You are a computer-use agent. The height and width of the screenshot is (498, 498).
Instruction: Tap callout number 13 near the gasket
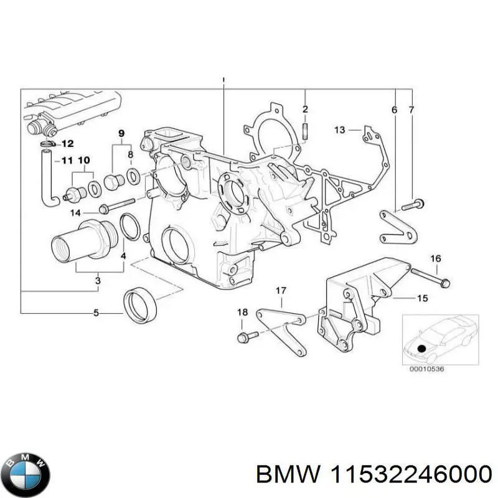pyautogui.click(x=339, y=130)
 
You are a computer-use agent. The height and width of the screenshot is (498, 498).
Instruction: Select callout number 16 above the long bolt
pyautogui.click(x=436, y=258)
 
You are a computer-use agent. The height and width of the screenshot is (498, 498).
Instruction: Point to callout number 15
pyautogui.click(x=422, y=299)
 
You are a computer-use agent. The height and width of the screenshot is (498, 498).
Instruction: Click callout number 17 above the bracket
pyautogui.click(x=281, y=290)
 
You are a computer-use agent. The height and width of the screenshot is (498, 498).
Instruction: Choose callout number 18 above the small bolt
pyautogui.click(x=242, y=312)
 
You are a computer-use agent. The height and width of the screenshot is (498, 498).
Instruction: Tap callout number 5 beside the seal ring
pyautogui.click(x=96, y=313)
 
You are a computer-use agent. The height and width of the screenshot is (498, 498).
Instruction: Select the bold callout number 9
pyautogui.click(x=121, y=133)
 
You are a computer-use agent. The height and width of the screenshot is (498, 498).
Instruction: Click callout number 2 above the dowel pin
pyautogui.click(x=305, y=110)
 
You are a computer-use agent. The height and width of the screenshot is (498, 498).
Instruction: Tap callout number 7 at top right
pyautogui.click(x=411, y=110)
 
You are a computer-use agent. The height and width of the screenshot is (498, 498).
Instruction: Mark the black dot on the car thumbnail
pyautogui.click(x=423, y=349)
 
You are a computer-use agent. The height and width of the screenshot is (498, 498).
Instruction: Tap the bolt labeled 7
pyautogui.click(x=413, y=204)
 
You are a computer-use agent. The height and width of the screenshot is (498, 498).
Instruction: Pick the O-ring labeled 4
pyautogui.click(x=129, y=227)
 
